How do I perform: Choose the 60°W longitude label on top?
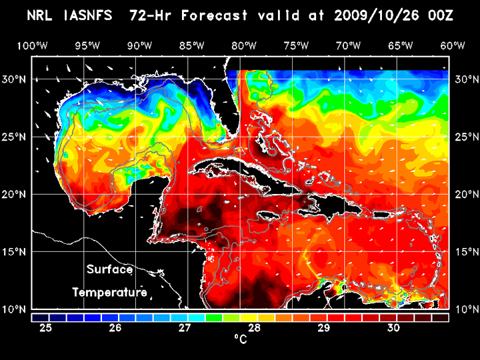click(453, 45)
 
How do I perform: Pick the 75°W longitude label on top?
click(296, 45)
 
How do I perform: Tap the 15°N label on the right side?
click(465, 252)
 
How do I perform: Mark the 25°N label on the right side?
click(465, 137)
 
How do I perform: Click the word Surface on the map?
click(109, 270)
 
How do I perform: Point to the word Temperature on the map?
click(109, 292)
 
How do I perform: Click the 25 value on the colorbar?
click(46, 328)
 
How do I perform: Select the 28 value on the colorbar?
click(254, 328)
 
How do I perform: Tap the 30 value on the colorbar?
click(393, 328)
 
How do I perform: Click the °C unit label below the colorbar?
click(240, 340)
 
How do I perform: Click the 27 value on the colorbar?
click(185, 328)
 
